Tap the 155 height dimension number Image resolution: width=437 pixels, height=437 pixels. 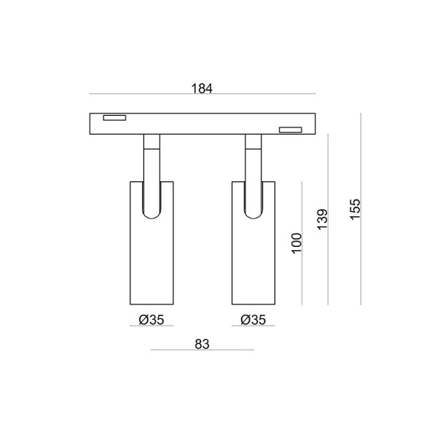click(355, 210)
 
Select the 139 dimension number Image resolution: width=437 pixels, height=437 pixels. click(322, 220)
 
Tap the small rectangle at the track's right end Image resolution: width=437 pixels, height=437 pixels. click(290, 130)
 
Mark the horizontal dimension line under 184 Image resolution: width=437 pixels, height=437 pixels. click(202, 94)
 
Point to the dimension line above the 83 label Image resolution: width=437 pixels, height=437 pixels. click(202, 350)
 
